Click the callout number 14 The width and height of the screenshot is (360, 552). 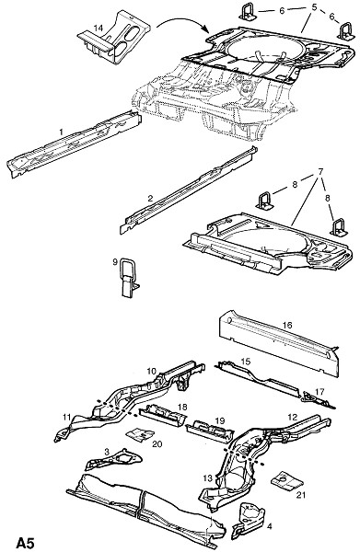point(99,28)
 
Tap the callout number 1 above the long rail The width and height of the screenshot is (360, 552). point(62,132)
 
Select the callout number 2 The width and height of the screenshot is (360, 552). point(150,198)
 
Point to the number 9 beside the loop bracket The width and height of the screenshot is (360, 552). point(115,262)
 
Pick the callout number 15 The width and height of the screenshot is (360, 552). point(246,362)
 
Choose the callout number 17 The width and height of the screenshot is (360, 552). point(319,392)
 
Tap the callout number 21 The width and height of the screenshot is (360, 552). point(300,495)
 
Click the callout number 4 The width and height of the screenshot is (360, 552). point(270,526)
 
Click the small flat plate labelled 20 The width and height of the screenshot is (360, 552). point(140,434)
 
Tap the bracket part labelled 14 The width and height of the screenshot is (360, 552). point(114,38)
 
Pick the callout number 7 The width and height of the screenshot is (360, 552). point(320,172)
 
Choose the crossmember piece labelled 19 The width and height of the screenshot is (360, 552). point(209,431)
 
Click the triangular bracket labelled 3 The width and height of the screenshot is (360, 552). point(114,460)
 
